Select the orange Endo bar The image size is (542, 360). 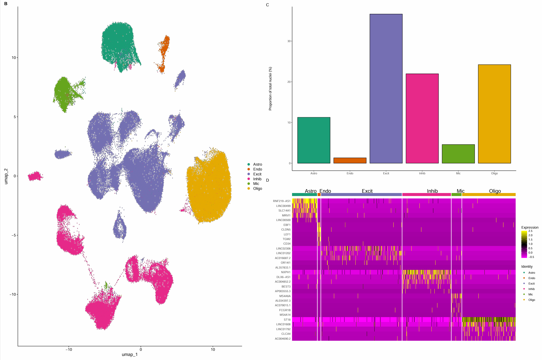(350, 160)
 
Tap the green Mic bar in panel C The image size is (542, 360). (458, 154)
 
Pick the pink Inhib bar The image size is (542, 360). (422, 118)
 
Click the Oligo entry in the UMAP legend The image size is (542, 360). (257, 188)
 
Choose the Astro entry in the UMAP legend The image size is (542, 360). (257, 164)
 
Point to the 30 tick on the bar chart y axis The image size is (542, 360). (289, 41)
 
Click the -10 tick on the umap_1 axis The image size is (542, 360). (69, 349)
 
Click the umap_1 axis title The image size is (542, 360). (130, 355)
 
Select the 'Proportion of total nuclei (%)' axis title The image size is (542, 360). (270, 89)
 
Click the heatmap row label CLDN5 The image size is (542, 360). (286, 229)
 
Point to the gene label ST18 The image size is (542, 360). (287, 320)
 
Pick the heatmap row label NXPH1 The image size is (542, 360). (286, 272)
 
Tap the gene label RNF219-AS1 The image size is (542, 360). (282, 201)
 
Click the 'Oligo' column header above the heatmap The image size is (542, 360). (495, 191)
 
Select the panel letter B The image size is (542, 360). (6, 4)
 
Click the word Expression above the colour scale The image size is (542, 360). (530, 228)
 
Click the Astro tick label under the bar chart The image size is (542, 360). (314, 173)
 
